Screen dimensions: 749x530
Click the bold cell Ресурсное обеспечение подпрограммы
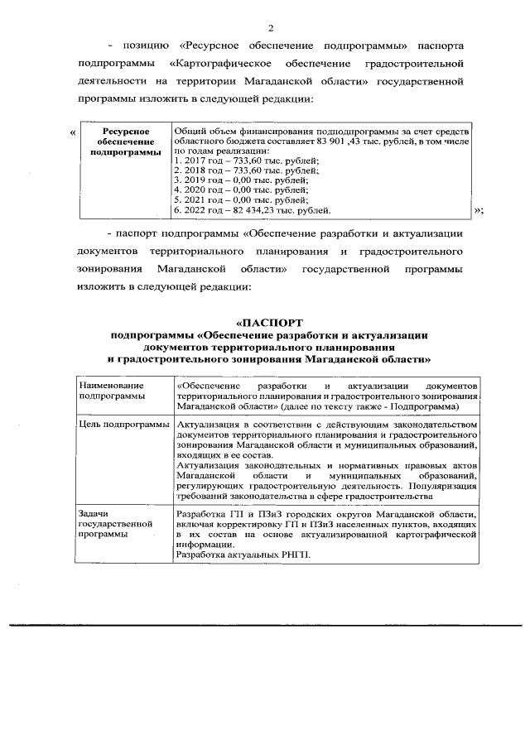125,142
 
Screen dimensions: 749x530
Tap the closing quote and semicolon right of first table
478,210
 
